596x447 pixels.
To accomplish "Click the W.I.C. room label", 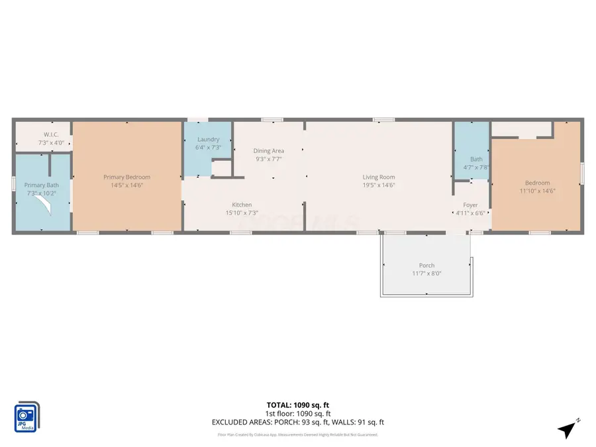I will tap(51, 134).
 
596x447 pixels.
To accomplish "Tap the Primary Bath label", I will tap(42, 185).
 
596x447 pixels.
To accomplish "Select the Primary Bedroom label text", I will tap(126, 177).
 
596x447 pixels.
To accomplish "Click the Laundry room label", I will tap(208, 139).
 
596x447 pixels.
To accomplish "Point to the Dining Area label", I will tap(268, 151).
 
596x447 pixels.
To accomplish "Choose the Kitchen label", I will tap(241, 205).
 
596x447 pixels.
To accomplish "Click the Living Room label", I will tap(378, 177).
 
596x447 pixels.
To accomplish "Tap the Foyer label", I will tap(470, 205).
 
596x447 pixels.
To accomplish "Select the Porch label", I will tap(426, 266).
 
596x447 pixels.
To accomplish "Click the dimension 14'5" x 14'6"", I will tap(126, 185).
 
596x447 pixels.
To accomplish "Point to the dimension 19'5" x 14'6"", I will tap(378, 185).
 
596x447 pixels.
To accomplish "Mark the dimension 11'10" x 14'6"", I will tap(537, 191).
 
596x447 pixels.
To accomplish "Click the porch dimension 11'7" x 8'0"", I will tap(426, 273).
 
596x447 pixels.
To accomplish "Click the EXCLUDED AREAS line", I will tap(297, 422).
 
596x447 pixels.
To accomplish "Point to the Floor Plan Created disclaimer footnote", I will tap(297, 435).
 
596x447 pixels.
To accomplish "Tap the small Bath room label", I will tap(477, 159).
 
